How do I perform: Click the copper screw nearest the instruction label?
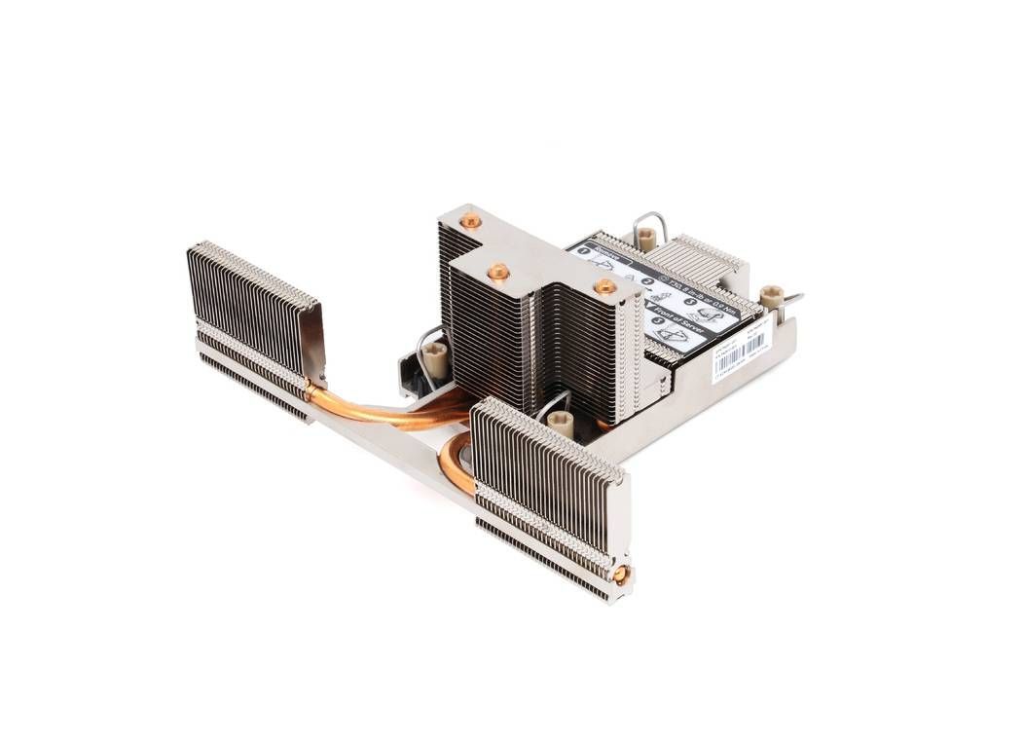pos(604,286)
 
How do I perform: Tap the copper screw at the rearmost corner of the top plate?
pos(471,221)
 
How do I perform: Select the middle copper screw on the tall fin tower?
pos(498,272)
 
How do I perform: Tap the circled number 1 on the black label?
pos(584,249)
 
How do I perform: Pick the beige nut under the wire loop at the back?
pos(645,237)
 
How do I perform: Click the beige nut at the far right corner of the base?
pos(771,296)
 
